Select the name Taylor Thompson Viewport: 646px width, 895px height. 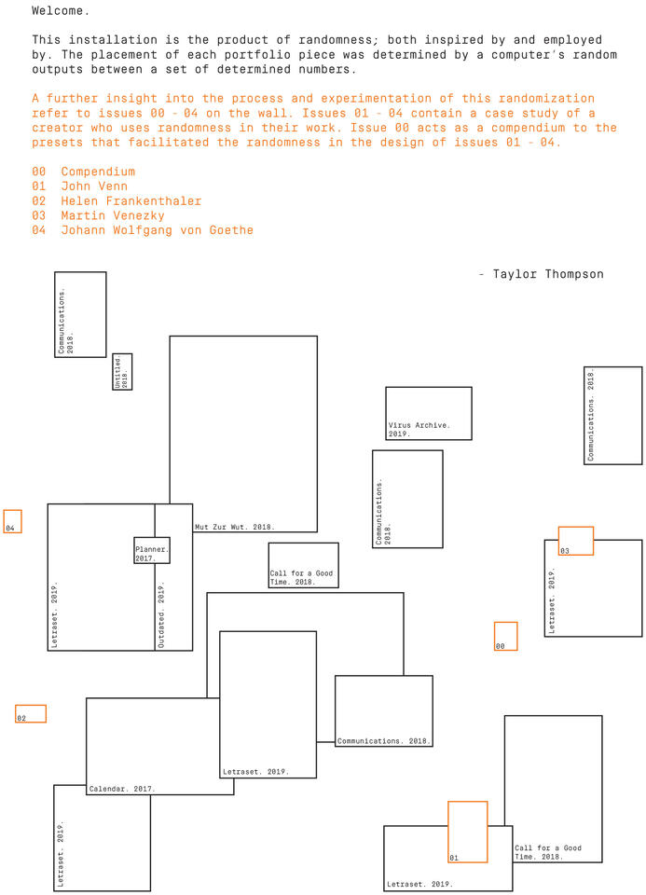tap(548, 274)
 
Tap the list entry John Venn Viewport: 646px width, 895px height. tap(94, 186)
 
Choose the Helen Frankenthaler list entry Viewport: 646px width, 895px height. tap(131, 201)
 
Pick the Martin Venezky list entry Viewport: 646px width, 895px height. tap(113, 215)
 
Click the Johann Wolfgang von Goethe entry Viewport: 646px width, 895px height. tap(157, 230)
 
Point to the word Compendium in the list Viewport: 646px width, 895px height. tap(98, 172)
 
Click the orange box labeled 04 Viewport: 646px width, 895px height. tap(12, 511)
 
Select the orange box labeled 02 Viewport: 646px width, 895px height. tap(31, 706)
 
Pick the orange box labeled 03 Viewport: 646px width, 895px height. tap(576, 528)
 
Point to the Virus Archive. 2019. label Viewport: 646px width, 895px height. tap(419, 429)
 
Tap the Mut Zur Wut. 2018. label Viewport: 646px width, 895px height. tap(235, 527)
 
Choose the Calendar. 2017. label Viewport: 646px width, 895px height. tap(121, 789)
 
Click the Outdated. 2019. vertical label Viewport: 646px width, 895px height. tap(161, 614)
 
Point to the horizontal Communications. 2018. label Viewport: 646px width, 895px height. tap(383, 741)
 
